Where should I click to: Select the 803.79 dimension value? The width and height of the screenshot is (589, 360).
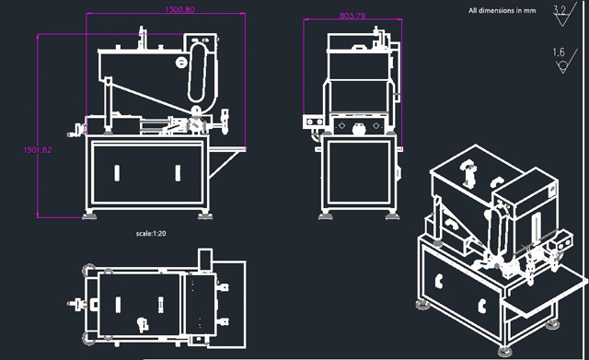(x=352, y=16)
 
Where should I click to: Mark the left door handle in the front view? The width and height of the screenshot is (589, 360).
(x=118, y=171)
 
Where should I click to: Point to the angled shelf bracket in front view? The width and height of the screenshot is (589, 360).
(x=222, y=165)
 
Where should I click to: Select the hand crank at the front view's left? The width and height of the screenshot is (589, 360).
(x=75, y=127)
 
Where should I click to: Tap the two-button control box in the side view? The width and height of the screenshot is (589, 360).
(x=313, y=120)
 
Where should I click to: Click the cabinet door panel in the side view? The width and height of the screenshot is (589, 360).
(x=359, y=174)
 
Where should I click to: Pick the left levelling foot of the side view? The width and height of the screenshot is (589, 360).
(x=326, y=216)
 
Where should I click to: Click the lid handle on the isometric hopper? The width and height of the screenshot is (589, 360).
(x=468, y=171)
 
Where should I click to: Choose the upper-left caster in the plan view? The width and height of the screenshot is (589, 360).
(x=87, y=270)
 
